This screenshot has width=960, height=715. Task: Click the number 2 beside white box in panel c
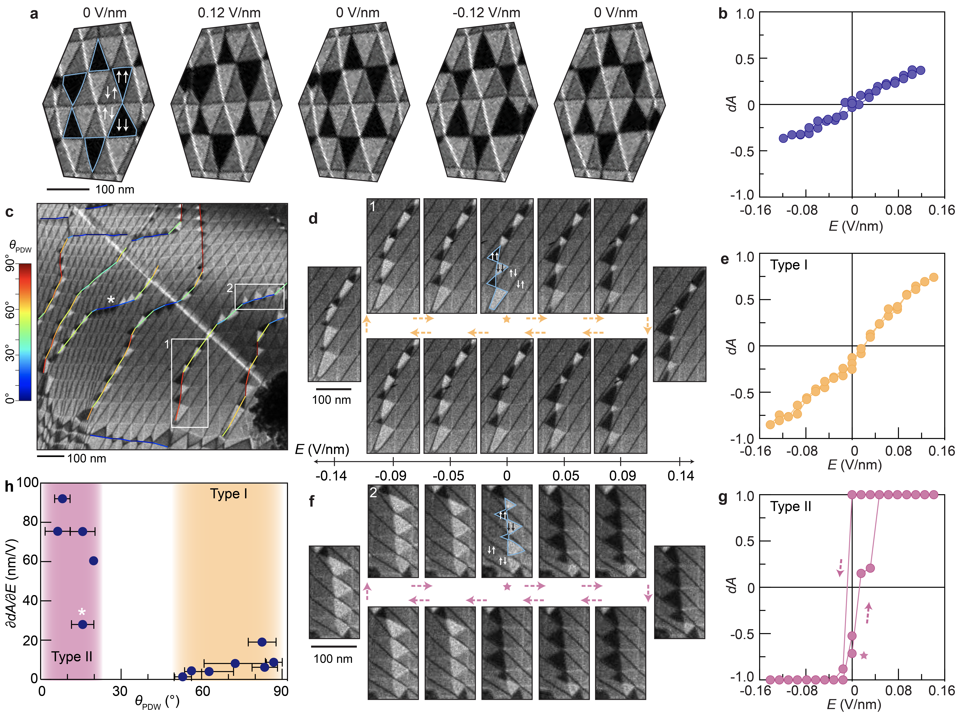tap(230, 288)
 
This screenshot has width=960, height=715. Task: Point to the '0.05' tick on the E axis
tap(565, 476)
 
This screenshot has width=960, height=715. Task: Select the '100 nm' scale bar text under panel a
tap(115, 190)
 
